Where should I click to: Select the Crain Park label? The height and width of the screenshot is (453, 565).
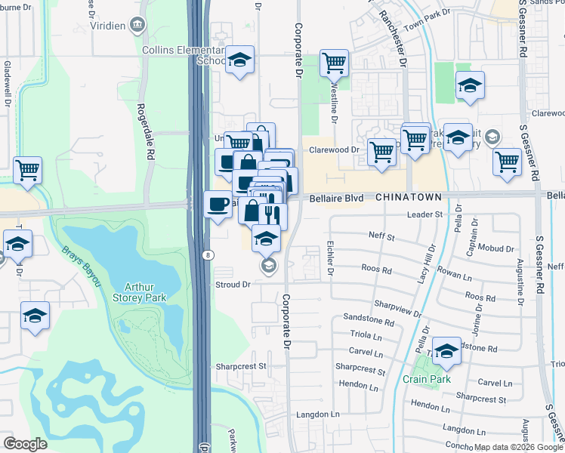coord(426,379)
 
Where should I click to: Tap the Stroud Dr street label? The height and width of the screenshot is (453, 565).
coord(233,285)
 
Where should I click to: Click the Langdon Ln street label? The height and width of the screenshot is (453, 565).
coord(318,414)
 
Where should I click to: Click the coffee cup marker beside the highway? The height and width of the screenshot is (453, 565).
coord(218,204)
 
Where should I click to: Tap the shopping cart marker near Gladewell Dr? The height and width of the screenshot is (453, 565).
coord(27,169)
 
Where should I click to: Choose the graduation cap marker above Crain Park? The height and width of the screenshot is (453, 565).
coord(446,350)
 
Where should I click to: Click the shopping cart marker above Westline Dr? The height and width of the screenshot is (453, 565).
coord(334,63)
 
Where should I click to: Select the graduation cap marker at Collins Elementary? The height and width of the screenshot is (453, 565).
coord(240,60)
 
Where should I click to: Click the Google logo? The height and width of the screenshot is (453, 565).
coord(25,444)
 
